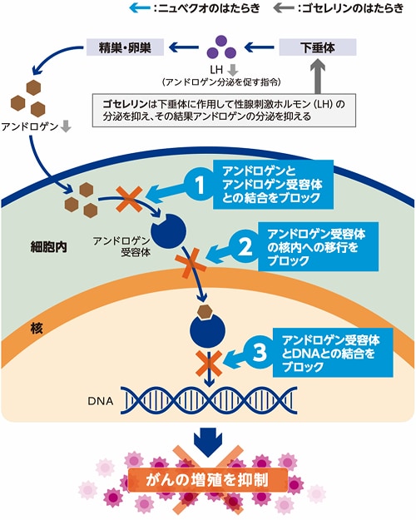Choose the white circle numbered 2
pyautogui.click(x=245, y=245)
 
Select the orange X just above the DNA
pyautogui.click(x=205, y=364)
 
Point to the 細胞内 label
pyautogui.click(x=42, y=247)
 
